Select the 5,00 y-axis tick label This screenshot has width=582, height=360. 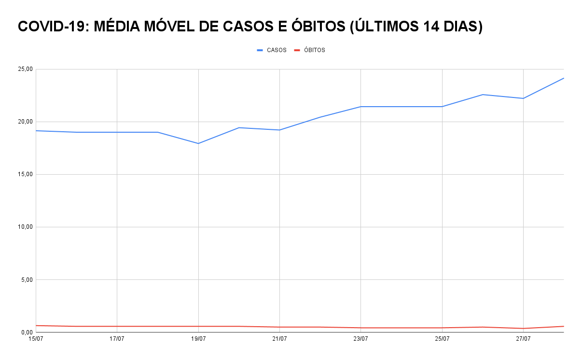tap(26, 280)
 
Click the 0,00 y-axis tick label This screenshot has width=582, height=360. tap(26, 332)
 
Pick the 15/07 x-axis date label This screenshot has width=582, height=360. tap(36, 339)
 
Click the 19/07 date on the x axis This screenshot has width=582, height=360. tap(198, 339)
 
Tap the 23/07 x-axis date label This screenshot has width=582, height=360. tap(361, 339)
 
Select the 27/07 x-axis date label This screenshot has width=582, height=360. tap(523, 339)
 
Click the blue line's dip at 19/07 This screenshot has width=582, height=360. tap(198, 143)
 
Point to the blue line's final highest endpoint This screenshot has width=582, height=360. tap(563, 78)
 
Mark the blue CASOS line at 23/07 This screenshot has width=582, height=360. tap(361, 107)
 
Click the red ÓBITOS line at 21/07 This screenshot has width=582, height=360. tap(279, 327)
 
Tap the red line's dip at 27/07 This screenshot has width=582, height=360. tap(523, 329)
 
